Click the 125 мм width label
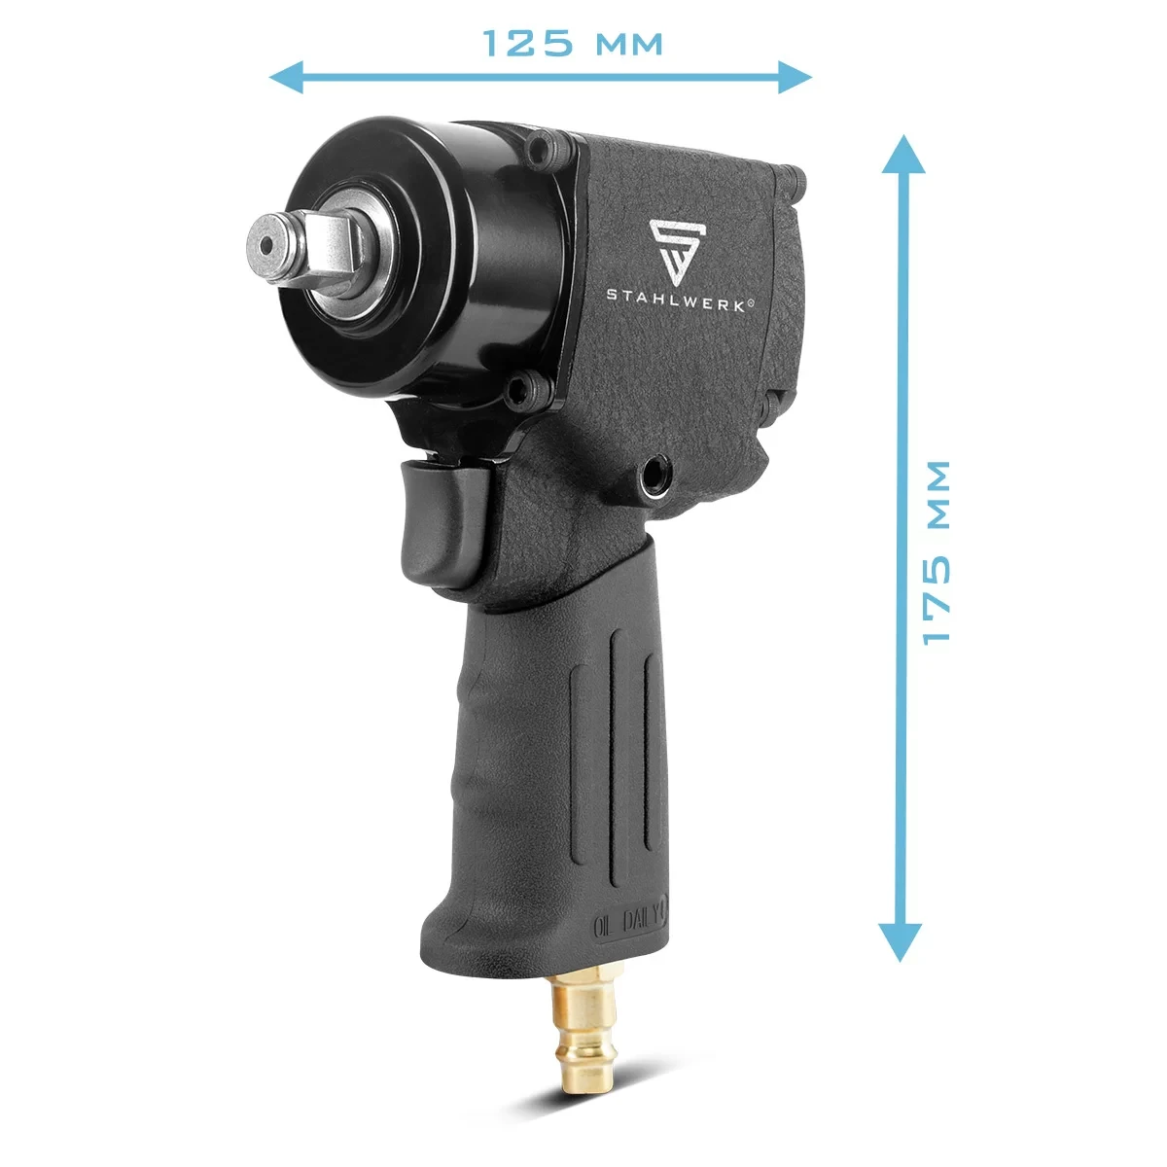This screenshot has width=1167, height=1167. point(572,43)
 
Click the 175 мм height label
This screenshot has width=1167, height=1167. point(936,553)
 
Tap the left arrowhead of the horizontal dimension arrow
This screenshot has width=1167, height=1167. point(287,77)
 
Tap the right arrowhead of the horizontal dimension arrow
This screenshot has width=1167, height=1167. point(795,77)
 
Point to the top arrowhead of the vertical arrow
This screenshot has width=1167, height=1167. point(902,155)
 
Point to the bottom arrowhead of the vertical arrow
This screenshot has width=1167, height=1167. point(901,942)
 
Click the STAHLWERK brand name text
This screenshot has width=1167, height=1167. point(677,306)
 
